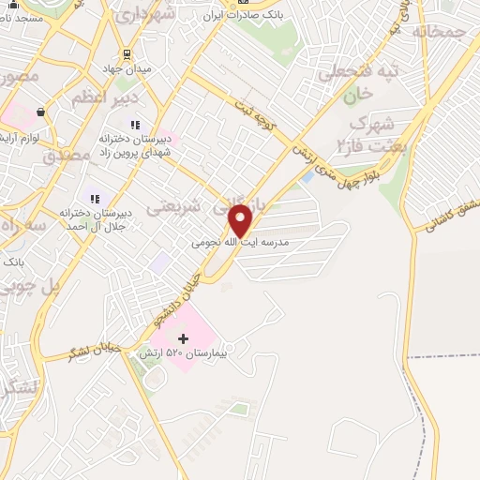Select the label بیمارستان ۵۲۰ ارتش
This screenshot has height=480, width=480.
pos(184,353)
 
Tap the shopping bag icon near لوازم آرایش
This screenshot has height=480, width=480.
pos(40,112)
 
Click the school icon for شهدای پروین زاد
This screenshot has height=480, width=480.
pos(135,123)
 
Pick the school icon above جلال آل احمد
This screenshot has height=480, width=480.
pos(94,199)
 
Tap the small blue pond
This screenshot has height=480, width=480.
pos(307,176)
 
